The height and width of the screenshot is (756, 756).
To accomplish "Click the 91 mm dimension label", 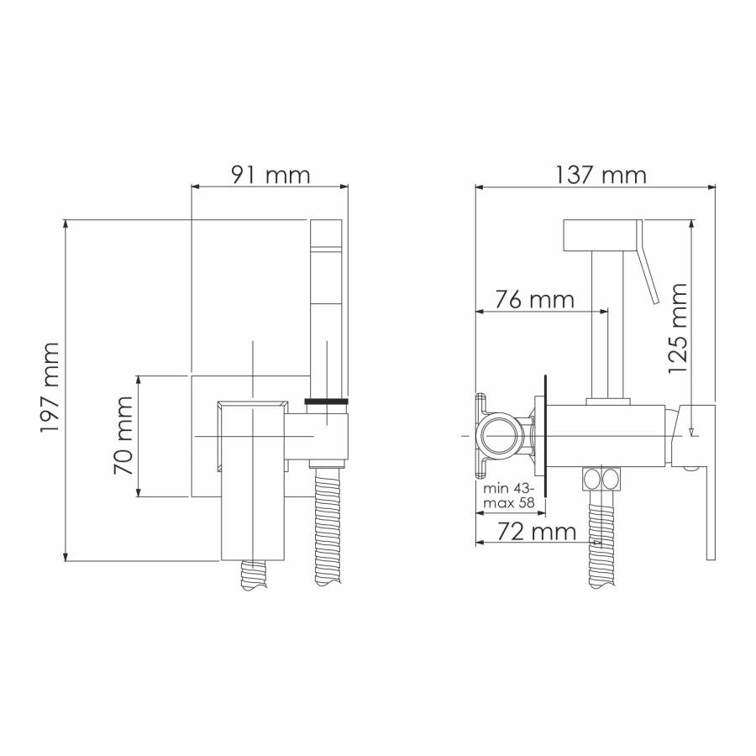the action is (270, 175).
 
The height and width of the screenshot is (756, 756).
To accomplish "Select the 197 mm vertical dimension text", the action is (50, 387).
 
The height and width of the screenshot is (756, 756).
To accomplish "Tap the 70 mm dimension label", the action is (123, 435).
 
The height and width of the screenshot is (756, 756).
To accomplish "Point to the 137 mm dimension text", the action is (601, 175).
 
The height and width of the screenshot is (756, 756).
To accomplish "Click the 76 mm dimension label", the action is (535, 299).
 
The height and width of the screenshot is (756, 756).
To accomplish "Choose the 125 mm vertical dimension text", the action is (677, 328).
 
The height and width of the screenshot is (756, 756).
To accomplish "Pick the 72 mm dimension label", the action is (537, 532).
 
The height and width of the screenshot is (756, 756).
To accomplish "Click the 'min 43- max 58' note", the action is (509, 495).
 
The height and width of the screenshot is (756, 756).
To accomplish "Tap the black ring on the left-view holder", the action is (327, 402).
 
